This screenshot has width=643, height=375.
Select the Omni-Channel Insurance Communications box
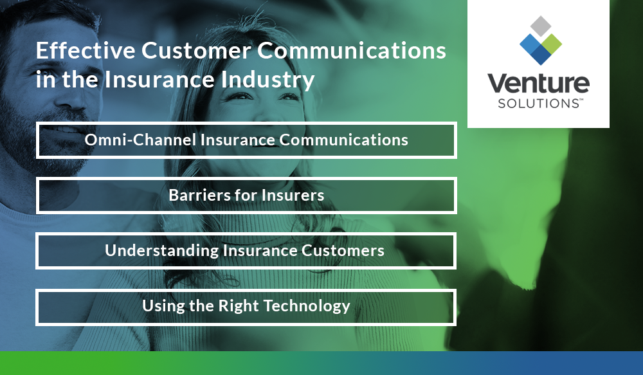pos(246,140)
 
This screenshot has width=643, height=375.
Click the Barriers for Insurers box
pos(246,195)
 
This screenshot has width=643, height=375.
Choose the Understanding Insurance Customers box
pos(246,250)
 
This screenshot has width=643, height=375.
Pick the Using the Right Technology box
pos(246,306)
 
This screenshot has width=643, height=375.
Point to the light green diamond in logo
pos(550,43)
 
